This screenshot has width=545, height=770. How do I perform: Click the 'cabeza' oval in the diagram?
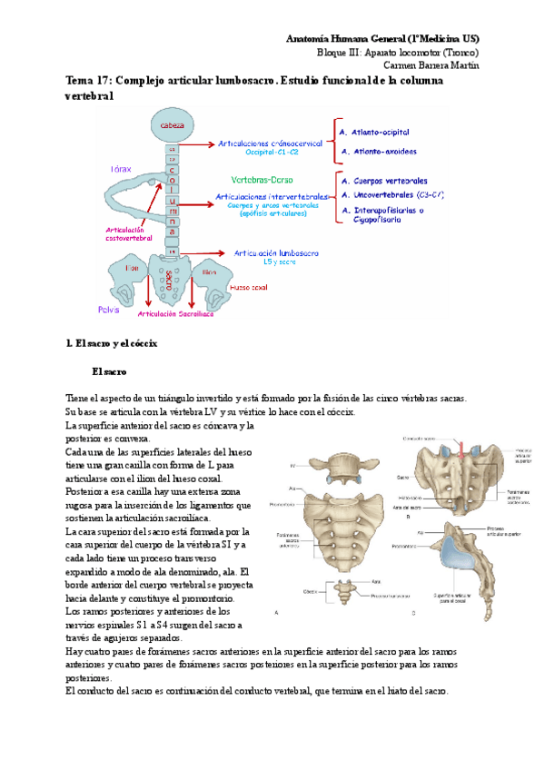coord(172,123)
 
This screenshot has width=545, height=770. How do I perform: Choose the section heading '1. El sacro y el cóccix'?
coord(112,343)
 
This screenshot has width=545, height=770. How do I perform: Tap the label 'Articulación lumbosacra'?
coord(273,253)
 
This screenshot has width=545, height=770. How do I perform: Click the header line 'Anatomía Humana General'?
coord(382,39)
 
